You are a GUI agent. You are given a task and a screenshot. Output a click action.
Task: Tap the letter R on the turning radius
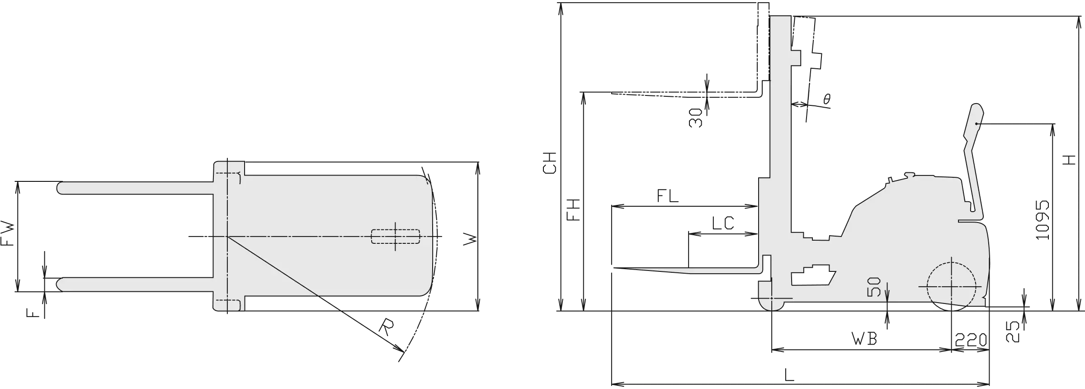(x=387, y=327)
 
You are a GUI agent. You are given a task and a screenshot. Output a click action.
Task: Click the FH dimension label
(x=573, y=210)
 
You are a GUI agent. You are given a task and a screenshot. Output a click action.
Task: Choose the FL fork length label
(x=668, y=196)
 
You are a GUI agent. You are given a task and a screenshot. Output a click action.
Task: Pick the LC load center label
(x=723, y=223)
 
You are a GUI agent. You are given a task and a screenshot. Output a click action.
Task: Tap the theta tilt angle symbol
(x=827, y=99)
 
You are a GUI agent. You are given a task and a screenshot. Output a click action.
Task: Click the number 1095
(x=1042, y=220)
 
